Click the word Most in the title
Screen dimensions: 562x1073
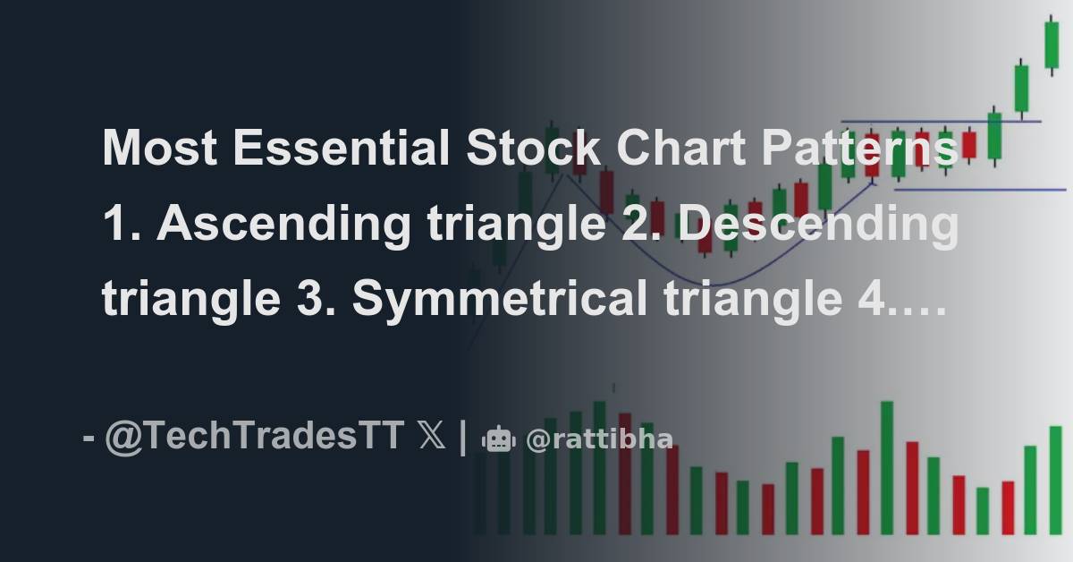[158, 149]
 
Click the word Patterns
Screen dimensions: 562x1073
[860, 149]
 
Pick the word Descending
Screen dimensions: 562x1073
[817, 225]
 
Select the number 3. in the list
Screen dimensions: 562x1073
[317, 300]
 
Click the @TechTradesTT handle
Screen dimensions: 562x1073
[254, 439]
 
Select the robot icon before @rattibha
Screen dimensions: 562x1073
[498, 439]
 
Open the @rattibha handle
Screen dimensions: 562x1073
[599, 439]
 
